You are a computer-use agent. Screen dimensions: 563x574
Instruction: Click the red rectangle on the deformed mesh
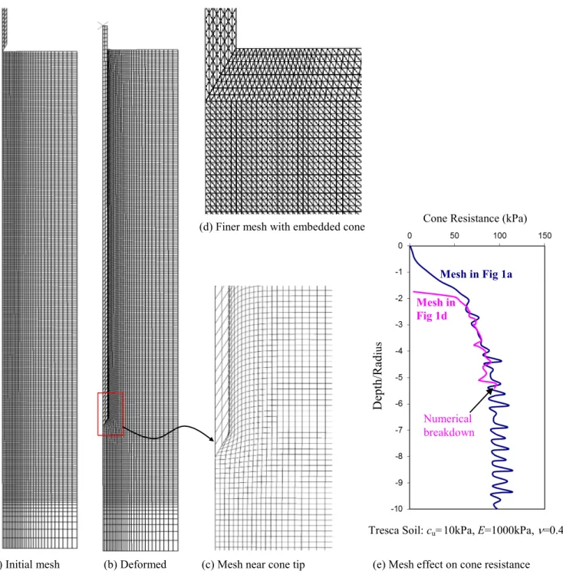[98, 414]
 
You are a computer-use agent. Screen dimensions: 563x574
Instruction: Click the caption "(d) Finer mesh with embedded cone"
[281, 227]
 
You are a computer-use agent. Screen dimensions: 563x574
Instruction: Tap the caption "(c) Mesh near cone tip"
[253, 565]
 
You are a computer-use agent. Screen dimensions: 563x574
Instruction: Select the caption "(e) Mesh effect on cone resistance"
[451, 565]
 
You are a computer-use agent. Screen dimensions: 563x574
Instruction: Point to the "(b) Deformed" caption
[135, 565]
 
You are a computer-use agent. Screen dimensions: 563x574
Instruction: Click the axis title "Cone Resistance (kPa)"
[475, 218]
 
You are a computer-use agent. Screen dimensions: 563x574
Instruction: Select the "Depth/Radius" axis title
[377, 376]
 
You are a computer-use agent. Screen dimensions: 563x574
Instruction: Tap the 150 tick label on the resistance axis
[545, 236]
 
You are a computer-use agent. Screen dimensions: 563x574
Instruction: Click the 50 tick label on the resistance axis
[454, 236]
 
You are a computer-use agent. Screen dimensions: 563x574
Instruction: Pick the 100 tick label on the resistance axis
[499, 236]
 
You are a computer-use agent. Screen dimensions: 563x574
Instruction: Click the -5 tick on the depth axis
[399, 377]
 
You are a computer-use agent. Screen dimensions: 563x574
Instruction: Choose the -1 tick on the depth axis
[399, 272]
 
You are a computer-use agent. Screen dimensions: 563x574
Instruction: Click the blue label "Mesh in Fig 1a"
[476, 274]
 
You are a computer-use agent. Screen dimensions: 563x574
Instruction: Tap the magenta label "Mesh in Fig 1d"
[436, 309]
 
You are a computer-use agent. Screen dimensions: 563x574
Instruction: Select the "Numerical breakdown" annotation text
[449, 426]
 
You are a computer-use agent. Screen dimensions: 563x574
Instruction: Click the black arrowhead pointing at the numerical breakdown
[490, 391]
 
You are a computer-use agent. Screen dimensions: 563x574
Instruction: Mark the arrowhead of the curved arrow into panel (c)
[211, 438]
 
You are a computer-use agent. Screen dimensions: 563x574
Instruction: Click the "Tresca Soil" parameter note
[466, 530]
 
